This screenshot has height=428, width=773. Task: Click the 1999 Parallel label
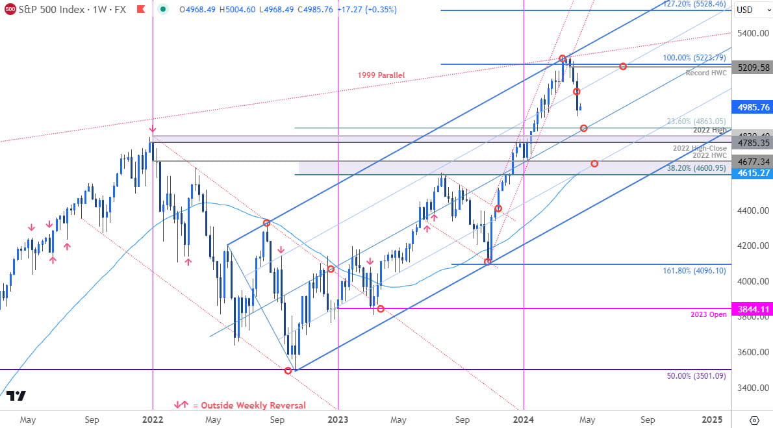click(381, 75)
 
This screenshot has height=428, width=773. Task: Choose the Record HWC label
click(706, 73)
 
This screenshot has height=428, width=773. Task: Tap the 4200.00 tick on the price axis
click(752, 246)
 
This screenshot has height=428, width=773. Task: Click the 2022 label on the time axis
click(152, 420)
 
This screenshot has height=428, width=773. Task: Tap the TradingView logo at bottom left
click(18, 396)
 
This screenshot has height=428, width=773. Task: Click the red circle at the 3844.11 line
click(381, 308)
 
